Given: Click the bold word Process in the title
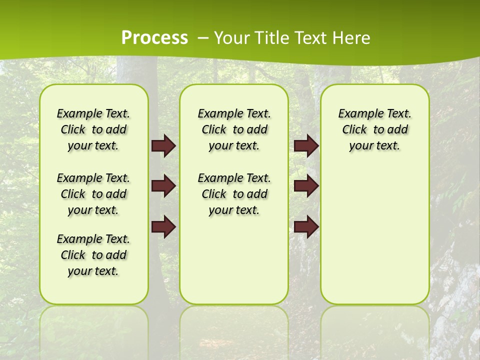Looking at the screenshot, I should pyautogui.click(x=154, y=38).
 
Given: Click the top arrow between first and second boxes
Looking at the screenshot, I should pyautogui.click(x=163, y=146).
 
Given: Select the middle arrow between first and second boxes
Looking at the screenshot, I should pyautogui.click(x=163, y=186).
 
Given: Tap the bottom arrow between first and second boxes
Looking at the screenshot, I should pyautogui.click(x=163, y=227).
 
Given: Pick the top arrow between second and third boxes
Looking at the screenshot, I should pyautogui.click(x=306, y=146).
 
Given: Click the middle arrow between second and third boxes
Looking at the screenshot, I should pyautogui.click(x=306, y=186).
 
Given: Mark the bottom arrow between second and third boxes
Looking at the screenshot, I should pyautogui.click(x=306, y=227).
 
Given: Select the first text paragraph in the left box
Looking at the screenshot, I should pyautogui.click(x=93, y=129).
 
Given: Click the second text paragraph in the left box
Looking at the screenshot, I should pyautogui.click(x=93, y=194).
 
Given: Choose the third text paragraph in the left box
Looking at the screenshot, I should pyautogui.click(x=93, y=255).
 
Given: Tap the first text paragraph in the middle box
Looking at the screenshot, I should pyautogui.click(x=234, y=129).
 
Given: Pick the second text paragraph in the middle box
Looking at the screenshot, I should pyautogui.click(x=234, y=194).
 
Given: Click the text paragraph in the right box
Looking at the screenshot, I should pyautogui.click(x=375, y=129).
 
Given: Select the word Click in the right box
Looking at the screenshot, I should pyautogui.click(x=354, y=130).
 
